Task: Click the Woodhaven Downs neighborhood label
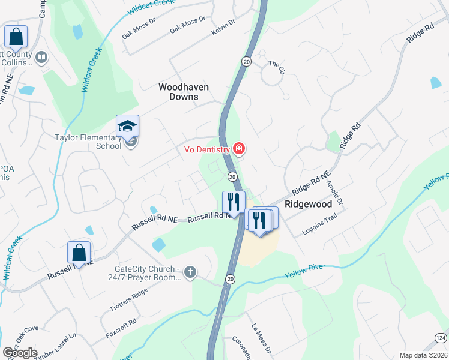(184, 91)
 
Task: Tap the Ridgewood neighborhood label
(308, 204)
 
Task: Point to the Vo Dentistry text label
(206, 149)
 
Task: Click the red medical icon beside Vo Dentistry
(239, 148)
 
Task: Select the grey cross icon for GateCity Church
(190, 273)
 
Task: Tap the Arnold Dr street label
(338, 195)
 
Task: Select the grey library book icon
(41, 58)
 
